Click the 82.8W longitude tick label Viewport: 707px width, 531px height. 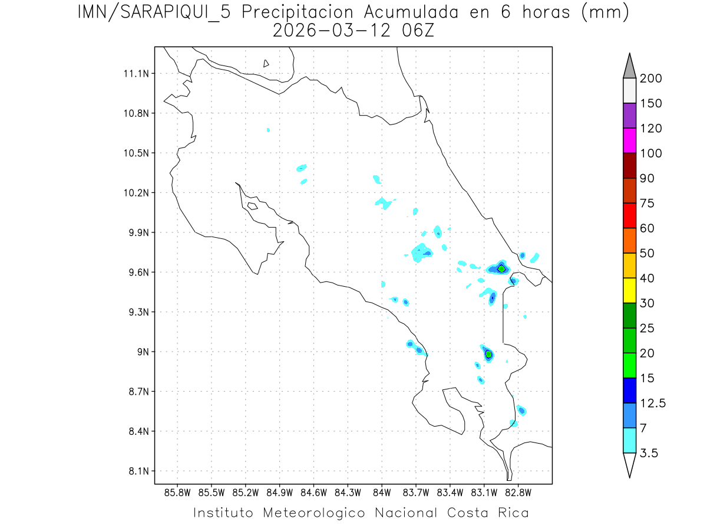click(518, 492)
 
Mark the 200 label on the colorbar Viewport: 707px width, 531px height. click(651, 79)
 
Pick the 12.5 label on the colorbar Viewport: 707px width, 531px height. click(653, 404)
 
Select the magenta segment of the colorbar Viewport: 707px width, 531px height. click(629, 140)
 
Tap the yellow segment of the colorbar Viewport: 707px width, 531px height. click(629, 290)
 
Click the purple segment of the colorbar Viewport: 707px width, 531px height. click(629, 116)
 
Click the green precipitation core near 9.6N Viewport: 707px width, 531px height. click(501, 268)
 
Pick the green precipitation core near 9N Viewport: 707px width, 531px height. click(488, 354)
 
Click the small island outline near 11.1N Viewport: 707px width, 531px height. click(266, 64)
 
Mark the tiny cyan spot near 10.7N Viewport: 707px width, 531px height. click(268, 130)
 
